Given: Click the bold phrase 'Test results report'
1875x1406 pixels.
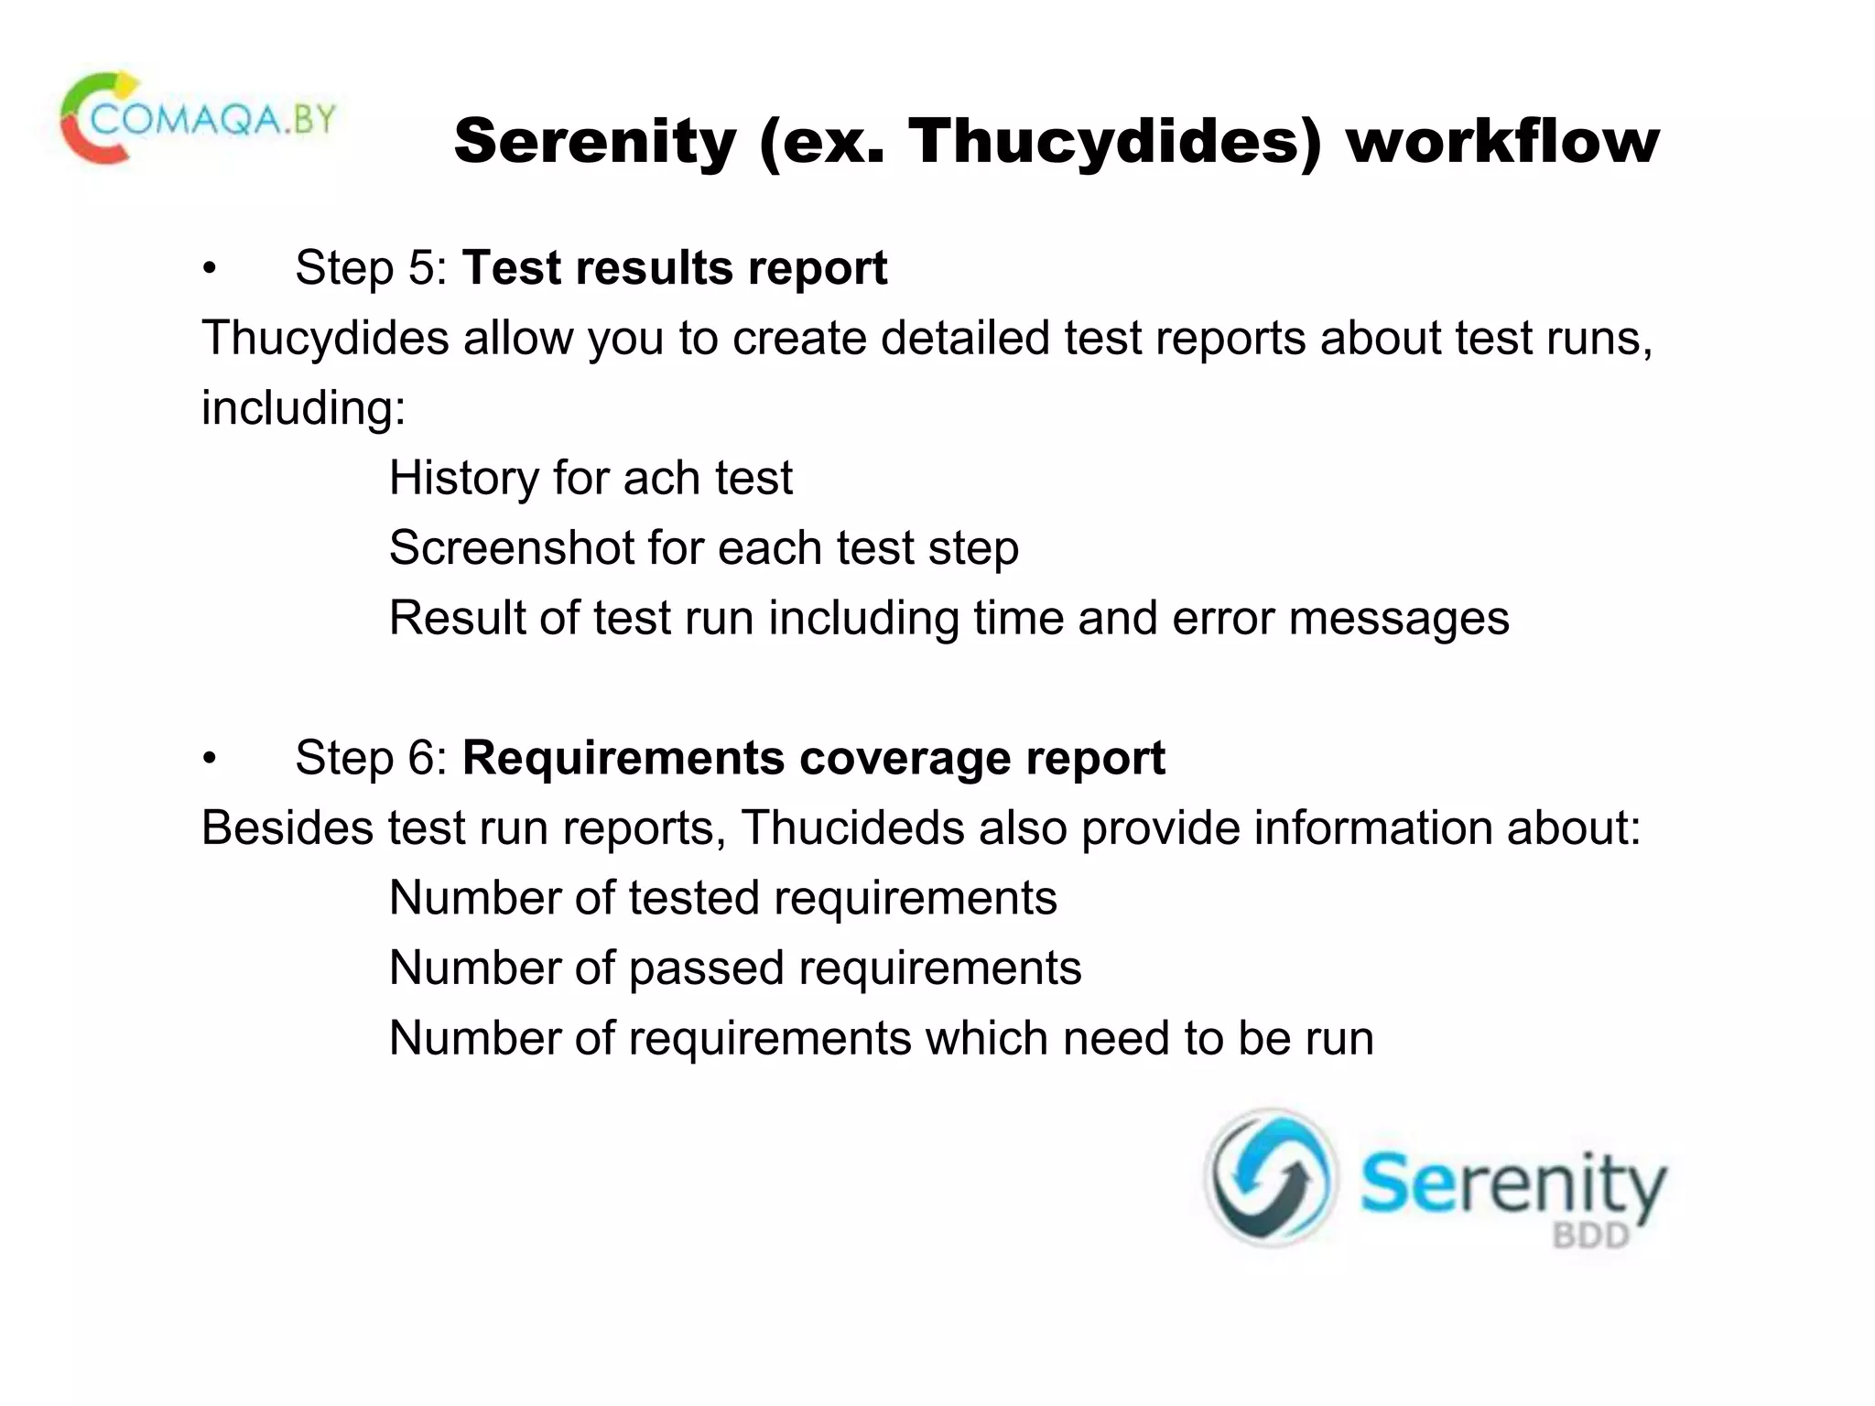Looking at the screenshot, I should click(x=675, y=268).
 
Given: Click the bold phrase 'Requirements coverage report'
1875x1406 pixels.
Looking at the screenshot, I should click(x=813, y=758).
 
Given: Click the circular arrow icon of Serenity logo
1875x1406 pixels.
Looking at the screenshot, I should click(x=1270, y=1179).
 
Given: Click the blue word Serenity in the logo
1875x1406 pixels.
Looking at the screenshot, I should click(x=1512, y=1186).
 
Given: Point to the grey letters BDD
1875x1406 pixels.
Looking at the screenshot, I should click(x=1590, y=1237).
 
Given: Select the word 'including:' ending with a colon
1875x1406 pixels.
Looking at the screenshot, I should click(x=303, y=408).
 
